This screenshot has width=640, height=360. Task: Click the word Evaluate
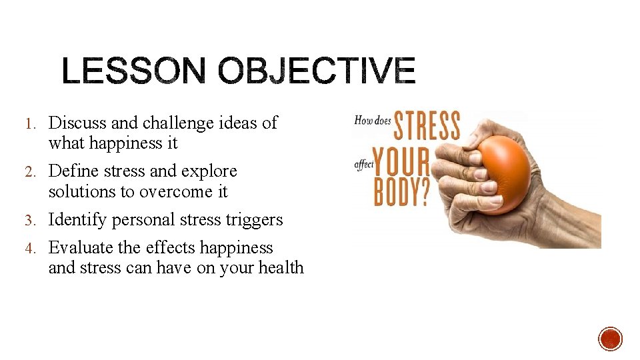[81, 247]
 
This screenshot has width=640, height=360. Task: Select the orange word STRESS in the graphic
[427, 127]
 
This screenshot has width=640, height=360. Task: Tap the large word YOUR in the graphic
[401, 161]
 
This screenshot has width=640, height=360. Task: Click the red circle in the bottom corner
[610, 339]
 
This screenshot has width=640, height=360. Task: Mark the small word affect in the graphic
[363, 163]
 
